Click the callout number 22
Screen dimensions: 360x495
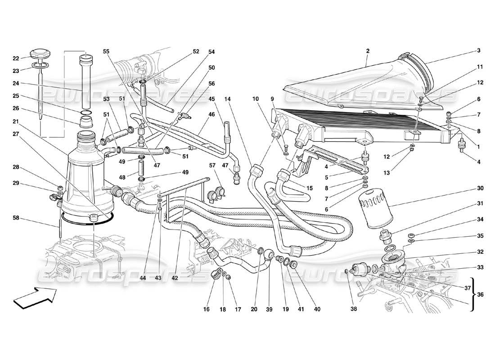coord(16,58)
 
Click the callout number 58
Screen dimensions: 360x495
coord(16,218)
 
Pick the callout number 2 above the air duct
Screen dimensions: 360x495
coord(368,51)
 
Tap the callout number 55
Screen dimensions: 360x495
coord(106,51)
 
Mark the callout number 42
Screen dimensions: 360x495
coord(175,278)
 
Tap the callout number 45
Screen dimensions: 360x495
coord(211,99)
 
